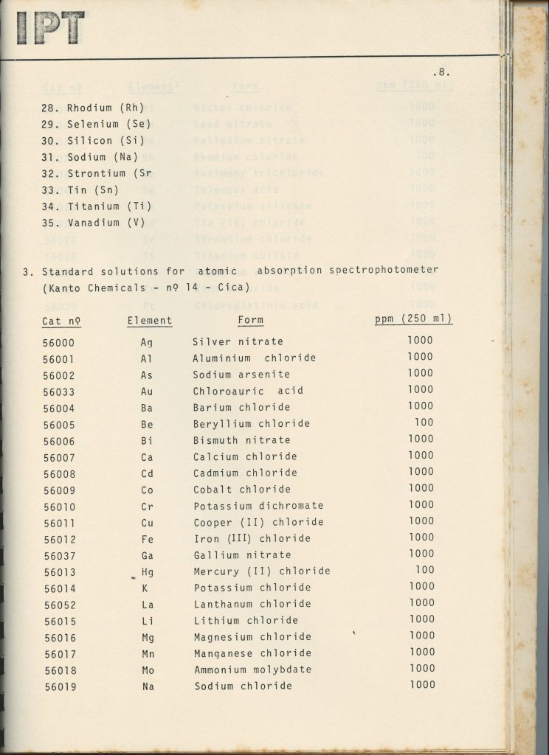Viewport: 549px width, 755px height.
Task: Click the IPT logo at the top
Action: pyautogui.click(x=50, y=27)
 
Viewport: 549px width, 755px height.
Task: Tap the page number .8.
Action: pyautogui.click(x=441, y=72)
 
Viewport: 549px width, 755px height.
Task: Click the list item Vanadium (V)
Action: pyautogui.click(x=93, y=223)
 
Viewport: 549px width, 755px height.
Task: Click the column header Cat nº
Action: pyautogui.click(x=61, y=321)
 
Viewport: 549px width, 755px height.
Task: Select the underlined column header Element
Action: pyautogui.click(x=149, y=321)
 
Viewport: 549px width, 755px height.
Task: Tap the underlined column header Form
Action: pyautogui.click(x=250, y=320)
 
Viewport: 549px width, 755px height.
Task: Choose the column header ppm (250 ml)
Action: pyautogui.click(x=413, y=319)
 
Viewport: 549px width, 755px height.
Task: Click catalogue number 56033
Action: pyautogui.click(x=58, y=392)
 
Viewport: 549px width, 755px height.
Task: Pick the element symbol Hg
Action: pyautogui.click(x=148, y=571)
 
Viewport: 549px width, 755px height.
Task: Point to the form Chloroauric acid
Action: pyautogui.click(x=248, y=391)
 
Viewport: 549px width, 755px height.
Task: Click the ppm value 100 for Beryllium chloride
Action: pyautogui.click(x=424, y=422)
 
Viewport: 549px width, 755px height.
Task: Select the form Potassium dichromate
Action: pyautogui.click(x=258, y=506)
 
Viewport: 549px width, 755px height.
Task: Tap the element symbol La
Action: pyautogui.click(x=148, y=604)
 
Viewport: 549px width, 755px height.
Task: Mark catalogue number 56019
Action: pyautogui.click(x=58, y=686)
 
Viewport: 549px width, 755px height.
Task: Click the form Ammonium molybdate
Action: pyautogui.click(x=252, y=669)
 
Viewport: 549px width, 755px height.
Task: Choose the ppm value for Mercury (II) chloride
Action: pyautogui.click(x=424, y=570)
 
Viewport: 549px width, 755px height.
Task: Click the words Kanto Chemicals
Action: pyautogui.click(x=94, y=287)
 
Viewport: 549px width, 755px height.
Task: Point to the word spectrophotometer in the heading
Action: pyautogui.click(x=381, y=270)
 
